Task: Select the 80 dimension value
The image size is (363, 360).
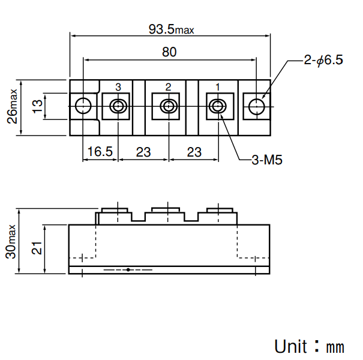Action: pyautogui.click(x=169, y=52)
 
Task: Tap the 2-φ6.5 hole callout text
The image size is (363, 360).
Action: pyautogui.click(x=323, y=60)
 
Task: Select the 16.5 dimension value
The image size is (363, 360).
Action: pyautogui.click(x=100, y=152)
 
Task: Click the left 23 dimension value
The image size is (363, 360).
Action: pyautogui.click(x=143, y=152)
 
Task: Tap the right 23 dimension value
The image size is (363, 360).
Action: pyautogui.click(x=194, y=152)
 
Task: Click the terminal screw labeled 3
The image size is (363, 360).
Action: pyautogui.click(x=118, y=107)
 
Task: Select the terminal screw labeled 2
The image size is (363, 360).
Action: pyautogui.click(x=168, y=107)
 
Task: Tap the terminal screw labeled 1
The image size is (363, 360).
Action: pyautogui.click(x=217, y=107)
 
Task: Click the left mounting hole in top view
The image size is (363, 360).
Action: pyautogui.click(x=83, y=107)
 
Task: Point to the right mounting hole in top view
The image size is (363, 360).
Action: pyautogui.click(x=256, y=107)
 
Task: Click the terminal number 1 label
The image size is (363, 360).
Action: pyautogui.click(x=217, y=87)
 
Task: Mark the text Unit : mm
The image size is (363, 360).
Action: pyautogui.click(x=309, y=346)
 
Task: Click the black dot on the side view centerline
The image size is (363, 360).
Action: pyautogui.click(x=128, y=270)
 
